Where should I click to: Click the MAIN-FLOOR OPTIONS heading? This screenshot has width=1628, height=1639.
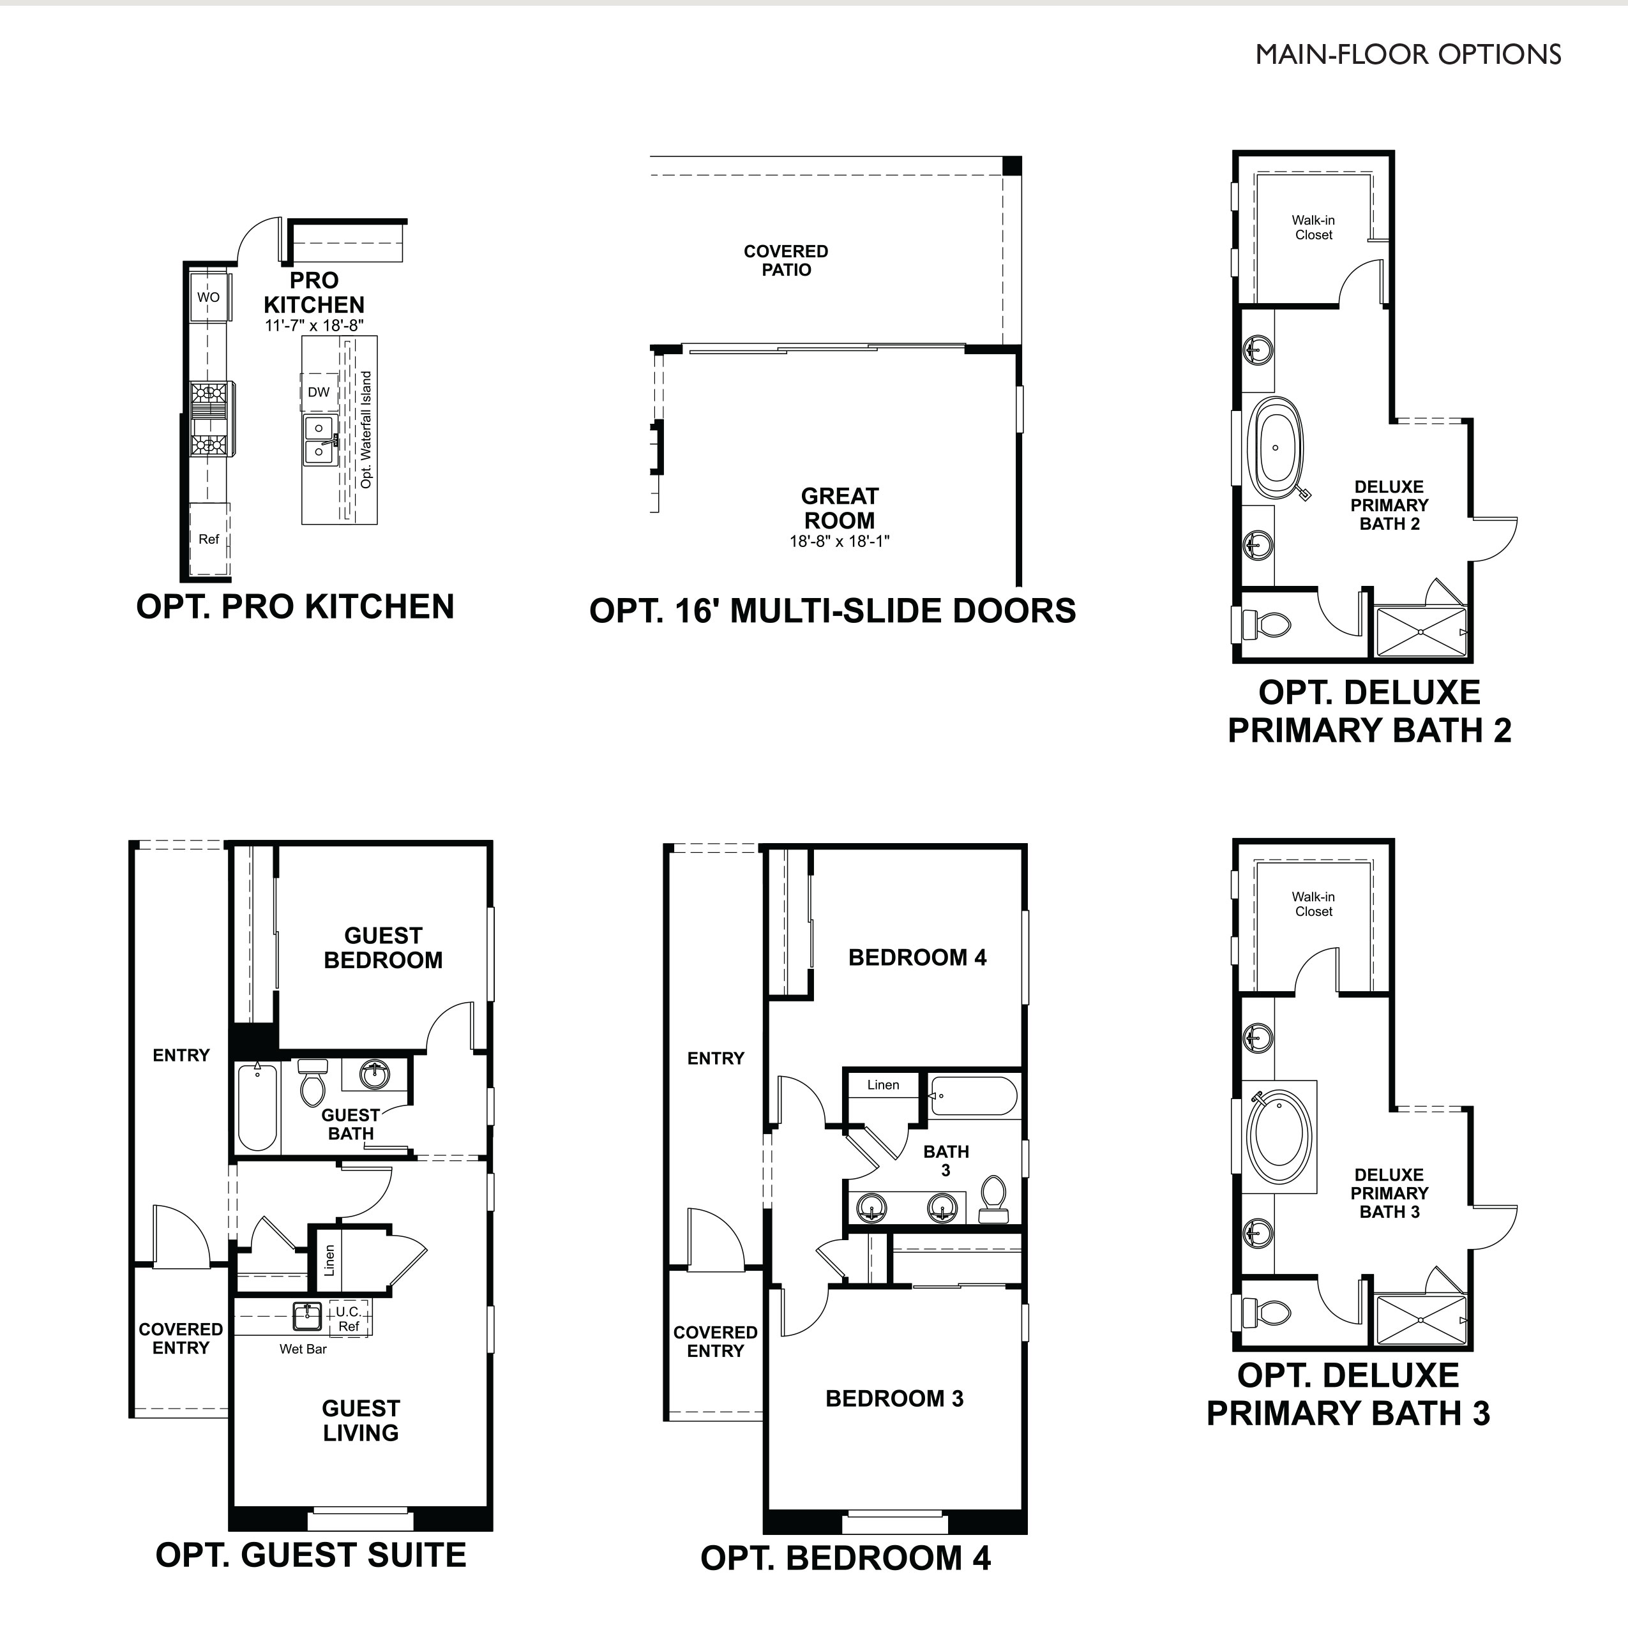tap(1407, 54)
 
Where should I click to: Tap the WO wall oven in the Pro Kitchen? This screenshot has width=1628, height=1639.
tap(208, 297)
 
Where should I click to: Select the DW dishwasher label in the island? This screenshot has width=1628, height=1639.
tap(319, 392)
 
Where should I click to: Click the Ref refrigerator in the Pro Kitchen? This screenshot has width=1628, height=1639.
tap(209, 539)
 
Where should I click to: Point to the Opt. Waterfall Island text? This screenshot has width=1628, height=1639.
tap(366, 430)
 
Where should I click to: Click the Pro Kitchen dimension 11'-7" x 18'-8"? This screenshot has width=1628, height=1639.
tap(314, 326)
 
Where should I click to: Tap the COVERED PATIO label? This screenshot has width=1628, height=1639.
tap(786, 260)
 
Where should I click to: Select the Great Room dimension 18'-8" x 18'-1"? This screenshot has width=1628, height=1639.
tap(839, 541)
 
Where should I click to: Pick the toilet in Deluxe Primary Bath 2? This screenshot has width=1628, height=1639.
tap(1267, 625)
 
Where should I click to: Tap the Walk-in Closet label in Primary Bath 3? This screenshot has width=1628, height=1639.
tap(1313, 904)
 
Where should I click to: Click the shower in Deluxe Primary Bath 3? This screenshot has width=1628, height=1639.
tap(1419, 1320)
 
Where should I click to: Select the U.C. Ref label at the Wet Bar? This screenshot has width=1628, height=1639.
tap(349, 1319)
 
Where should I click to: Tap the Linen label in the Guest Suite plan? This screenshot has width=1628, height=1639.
tap(329, 1261)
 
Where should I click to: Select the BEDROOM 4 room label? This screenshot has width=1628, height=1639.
tap(917, 958)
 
